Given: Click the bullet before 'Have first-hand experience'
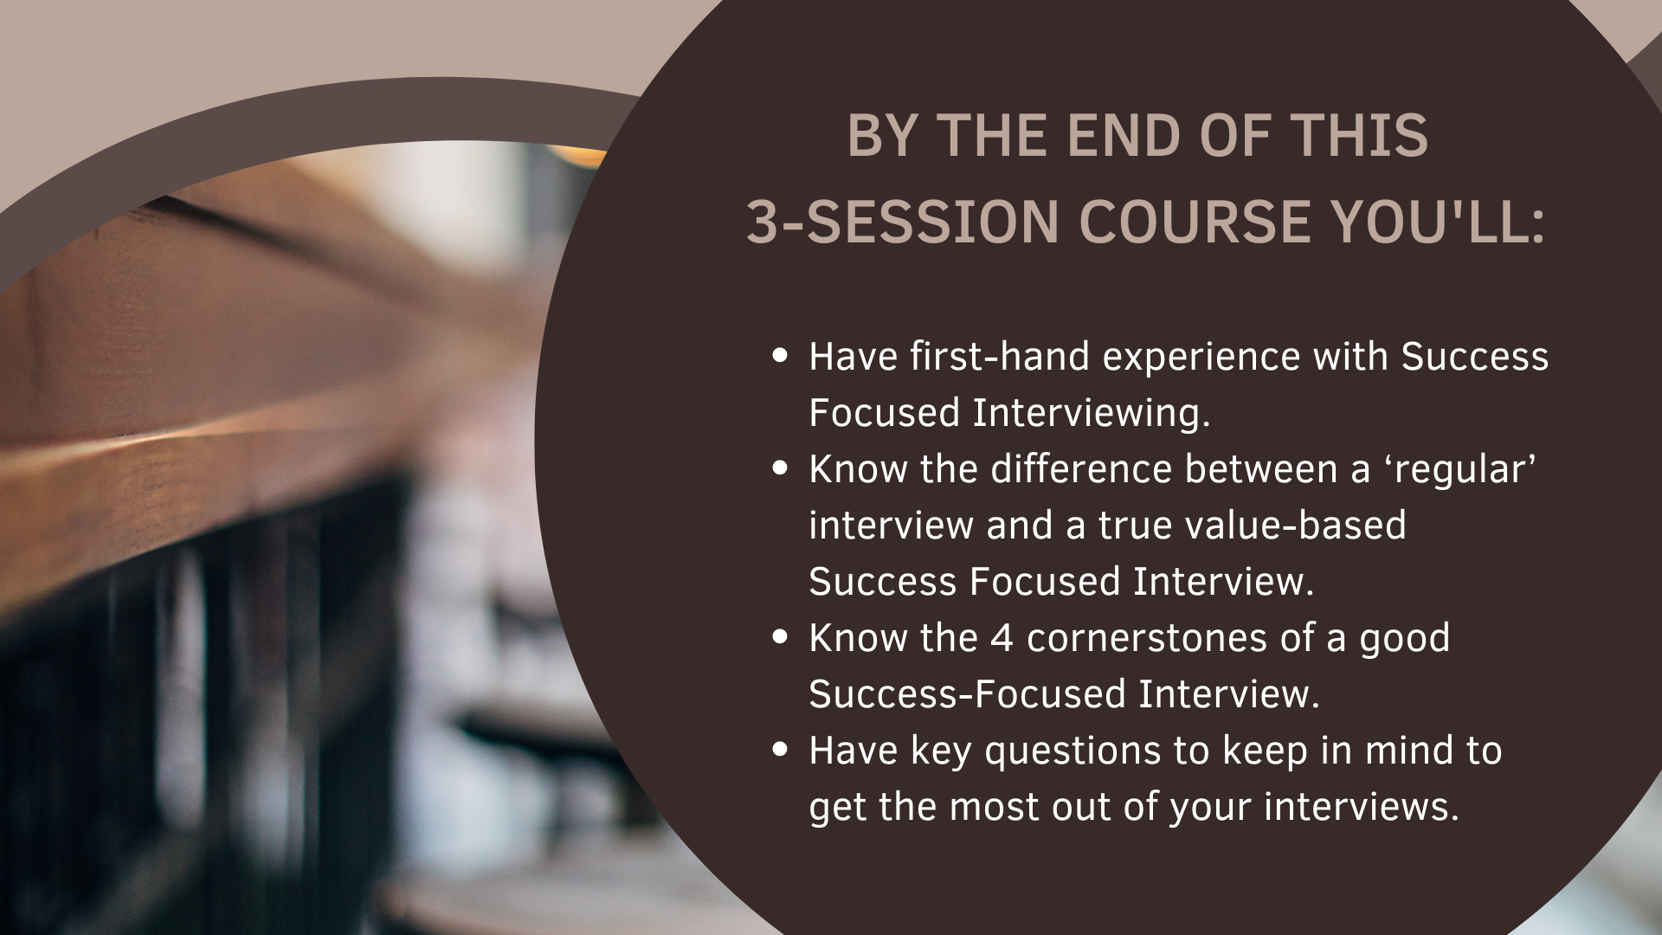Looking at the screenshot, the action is click(781, 356).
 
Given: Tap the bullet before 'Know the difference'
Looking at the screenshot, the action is click(781, 468).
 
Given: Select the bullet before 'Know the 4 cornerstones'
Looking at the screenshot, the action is click(781, 637).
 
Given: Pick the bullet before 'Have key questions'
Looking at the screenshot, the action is click(781, 750).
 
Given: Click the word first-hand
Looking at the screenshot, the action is click(1000, 356).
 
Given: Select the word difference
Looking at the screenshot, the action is click(1081, 468).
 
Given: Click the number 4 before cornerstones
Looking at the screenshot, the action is click(1002, 638).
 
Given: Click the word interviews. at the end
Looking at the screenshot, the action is click(1362, 806).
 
